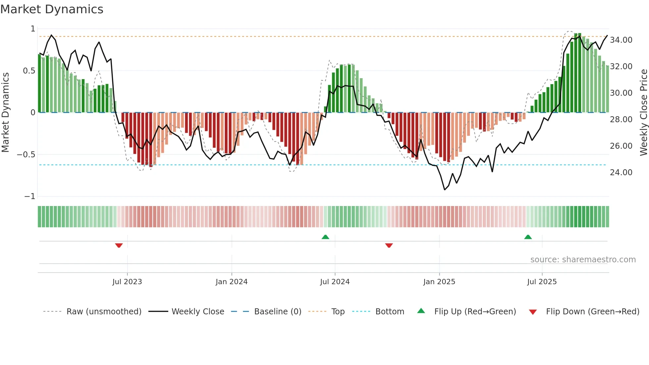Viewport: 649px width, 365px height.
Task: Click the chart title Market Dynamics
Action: tap(52, 9)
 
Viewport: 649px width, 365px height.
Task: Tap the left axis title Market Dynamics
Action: tap(5, 112)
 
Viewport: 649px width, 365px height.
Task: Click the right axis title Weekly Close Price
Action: tap(643, 112)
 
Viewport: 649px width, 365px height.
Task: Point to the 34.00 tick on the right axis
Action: tap(621, 40)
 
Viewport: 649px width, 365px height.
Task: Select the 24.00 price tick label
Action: tap(621, 173)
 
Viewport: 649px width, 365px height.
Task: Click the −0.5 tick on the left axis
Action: tap(26, 155)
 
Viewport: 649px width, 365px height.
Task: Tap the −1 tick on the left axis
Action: tap(29, 196)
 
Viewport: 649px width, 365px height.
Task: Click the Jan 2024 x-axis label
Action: tap(231, 282)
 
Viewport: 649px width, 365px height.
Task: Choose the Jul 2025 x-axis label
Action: tap(542, 282)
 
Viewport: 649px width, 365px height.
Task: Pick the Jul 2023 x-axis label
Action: tap(127, 282)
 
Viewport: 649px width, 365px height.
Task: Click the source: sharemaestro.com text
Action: tap(583, 260)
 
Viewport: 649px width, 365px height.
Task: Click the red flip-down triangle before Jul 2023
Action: tap(119, 245)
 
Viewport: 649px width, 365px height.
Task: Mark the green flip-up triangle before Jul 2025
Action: tap(528, 237)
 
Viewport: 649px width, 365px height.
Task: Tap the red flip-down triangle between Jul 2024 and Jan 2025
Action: tap(389, 245)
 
